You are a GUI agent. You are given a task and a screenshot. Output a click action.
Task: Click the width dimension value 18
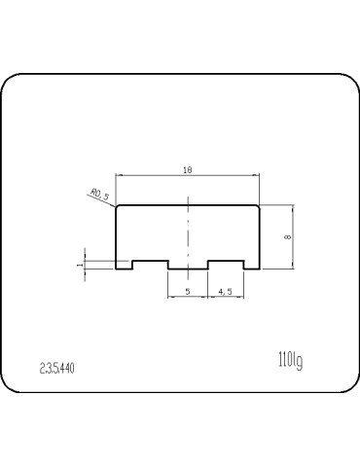[187, 170]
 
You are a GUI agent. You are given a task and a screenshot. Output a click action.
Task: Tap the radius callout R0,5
[99, 195]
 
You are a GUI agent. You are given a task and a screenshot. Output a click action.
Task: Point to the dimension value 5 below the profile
[187, 291]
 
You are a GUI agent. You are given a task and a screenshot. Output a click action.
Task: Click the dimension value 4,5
[224, 291]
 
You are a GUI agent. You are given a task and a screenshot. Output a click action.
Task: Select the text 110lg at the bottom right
[289, 362]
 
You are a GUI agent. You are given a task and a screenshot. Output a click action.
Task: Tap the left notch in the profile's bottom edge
[151, 263]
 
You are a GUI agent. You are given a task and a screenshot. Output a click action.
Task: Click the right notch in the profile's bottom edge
[224, 263]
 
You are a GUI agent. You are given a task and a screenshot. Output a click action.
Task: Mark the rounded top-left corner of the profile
[118, 205]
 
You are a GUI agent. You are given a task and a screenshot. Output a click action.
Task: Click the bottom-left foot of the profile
[125, 268]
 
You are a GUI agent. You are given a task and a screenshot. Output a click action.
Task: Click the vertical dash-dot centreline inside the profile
[187, 233]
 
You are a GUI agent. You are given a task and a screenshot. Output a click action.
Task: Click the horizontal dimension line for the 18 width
[156, 176]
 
